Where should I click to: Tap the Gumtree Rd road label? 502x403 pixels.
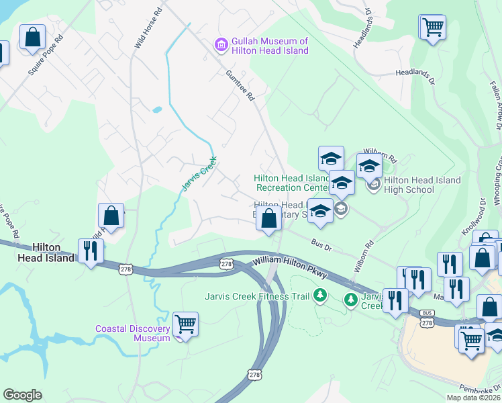click(x=240, y=85)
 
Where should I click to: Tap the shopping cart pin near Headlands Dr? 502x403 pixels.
click(x=433, y=28)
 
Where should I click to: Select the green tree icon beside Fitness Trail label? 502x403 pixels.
click(x=321, y=296)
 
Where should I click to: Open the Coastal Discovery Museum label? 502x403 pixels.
click(x=132, y=333)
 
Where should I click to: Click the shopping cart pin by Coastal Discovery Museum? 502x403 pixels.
click(x=185, y=325)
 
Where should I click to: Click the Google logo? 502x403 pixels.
click(x=22, y=395)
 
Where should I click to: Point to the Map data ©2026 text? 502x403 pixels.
click(x=473, y=398)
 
